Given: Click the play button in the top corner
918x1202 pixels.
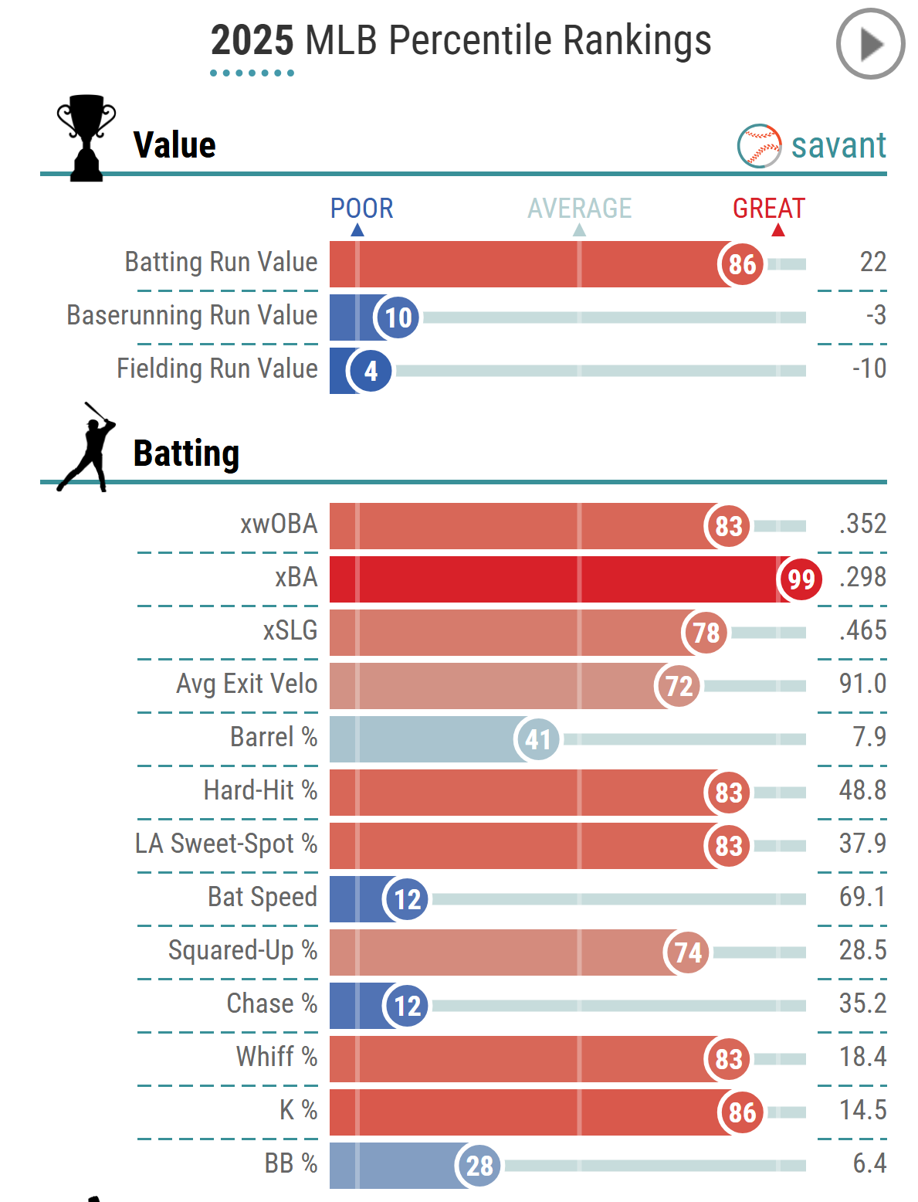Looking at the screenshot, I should point(870,44).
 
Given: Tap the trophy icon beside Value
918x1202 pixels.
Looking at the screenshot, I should point(86,138).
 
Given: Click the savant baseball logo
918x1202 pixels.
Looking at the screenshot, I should point(759,146).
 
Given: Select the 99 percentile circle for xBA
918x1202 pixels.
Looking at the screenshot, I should point(801,579).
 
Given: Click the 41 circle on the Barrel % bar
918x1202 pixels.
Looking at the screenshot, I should point(537,739).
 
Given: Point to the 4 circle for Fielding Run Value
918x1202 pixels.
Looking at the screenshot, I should point(371,371).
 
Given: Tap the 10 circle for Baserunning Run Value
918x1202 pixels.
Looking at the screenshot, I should point(398,317).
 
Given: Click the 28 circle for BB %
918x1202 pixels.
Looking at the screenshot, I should point(479,1166).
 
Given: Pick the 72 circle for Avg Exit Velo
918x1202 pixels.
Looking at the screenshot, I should point(679,686).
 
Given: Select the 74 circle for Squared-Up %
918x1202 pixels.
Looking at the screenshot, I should point(687,952).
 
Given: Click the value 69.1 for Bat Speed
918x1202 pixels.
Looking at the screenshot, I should point(862,897).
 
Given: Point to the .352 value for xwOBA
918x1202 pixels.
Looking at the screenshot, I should point(862,524).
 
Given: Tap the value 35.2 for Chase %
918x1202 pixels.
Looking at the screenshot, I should point(862,1003).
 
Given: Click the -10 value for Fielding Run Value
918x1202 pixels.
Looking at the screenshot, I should point(869,368).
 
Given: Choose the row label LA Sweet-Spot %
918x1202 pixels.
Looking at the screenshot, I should point(226,844).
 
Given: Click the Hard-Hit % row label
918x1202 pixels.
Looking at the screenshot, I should point(260,790).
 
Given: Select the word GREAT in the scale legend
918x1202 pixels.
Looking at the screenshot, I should point(768,209).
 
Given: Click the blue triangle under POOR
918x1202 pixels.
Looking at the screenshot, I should point(357,230).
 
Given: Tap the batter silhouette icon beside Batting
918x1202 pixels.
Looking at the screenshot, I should point(87,447).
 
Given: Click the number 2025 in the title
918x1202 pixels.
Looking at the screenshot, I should point(252,40).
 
